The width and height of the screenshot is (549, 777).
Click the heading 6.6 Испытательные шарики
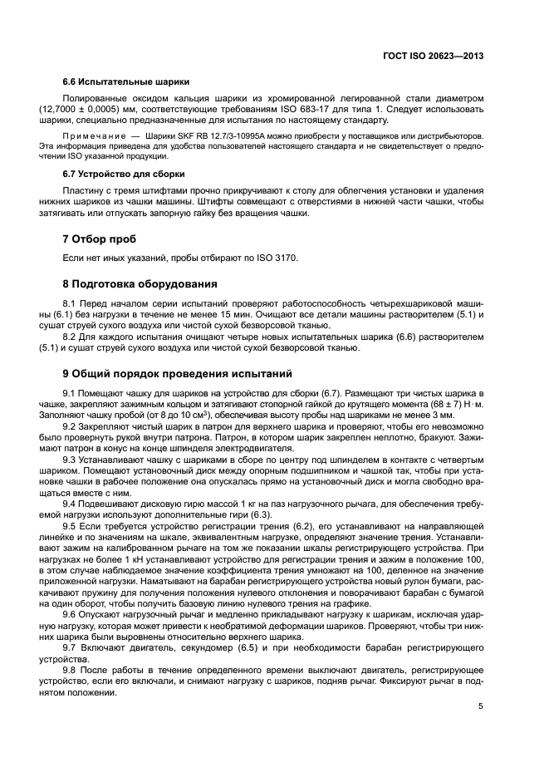coord(125,82)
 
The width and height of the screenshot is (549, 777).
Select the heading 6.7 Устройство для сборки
coord(124,174)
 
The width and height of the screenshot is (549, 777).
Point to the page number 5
coord(481,706)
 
